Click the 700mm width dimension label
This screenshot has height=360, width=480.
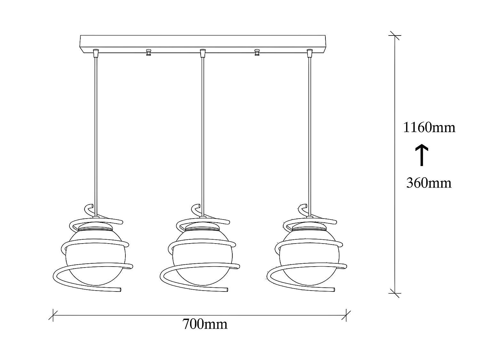[205, 324]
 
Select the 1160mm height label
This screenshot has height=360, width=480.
[428, 128]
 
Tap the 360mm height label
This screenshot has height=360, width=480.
[428, 183]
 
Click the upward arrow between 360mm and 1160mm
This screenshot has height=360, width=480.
[422, 155]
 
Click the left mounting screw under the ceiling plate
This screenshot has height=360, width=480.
[148, 52]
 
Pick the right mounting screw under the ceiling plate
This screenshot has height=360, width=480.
[256, 52]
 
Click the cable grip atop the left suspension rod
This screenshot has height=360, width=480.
[95, 53]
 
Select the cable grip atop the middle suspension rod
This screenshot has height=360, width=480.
[202, 53]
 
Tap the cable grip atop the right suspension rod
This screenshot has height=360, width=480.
[309, 53]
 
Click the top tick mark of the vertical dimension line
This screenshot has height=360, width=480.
[395, 35]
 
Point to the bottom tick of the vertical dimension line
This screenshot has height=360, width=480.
[395, 293]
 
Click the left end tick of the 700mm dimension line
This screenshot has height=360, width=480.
[53, 315]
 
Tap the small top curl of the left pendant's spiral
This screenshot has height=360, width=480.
[88, 208]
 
